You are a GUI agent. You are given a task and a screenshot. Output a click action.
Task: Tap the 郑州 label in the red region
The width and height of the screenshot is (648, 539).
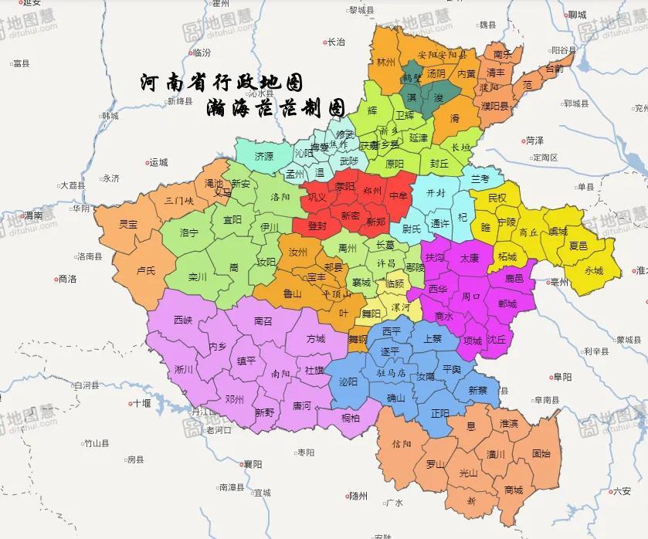(x=372, y=188)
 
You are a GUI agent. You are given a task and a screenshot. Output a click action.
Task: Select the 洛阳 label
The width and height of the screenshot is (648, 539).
(x=279, y=197)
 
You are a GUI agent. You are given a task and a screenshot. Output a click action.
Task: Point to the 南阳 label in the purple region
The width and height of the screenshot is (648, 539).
(x=280, y=373)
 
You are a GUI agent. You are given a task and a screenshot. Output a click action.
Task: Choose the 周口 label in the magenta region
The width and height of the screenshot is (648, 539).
(x=471, y=296)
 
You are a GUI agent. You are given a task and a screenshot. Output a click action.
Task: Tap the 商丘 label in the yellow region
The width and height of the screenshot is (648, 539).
(x=529, y=232)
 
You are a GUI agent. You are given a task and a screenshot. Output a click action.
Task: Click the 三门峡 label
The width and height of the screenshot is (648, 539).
(x=179, y=201)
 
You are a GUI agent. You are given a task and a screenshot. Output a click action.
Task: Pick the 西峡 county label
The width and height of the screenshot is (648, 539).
(x=183, y=319)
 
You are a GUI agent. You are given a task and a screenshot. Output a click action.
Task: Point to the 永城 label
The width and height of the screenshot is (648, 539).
(x=594, y=270)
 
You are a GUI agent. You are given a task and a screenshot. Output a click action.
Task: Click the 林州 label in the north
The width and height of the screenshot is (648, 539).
(x=385, y=62)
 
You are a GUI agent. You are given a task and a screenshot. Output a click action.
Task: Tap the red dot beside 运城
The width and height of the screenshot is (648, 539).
(x=147, y=163)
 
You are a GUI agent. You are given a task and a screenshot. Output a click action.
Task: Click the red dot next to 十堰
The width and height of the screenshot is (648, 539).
(x=130, y=403)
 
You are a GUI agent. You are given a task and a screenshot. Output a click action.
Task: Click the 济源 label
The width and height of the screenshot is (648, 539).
(x=264, y=156)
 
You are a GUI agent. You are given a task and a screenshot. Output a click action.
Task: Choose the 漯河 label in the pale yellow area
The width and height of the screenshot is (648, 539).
(x=402, y=307)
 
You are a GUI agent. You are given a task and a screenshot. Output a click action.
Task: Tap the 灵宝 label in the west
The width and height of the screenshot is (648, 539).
(x=128, y=225)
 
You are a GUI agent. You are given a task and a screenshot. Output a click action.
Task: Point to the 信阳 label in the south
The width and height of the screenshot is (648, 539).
(x=402, y=444)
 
